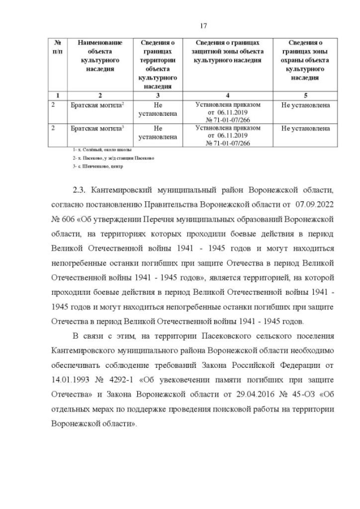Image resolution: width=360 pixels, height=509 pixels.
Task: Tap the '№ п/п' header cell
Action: pos(57,47)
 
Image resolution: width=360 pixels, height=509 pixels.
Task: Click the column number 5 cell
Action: pos(305,95)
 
